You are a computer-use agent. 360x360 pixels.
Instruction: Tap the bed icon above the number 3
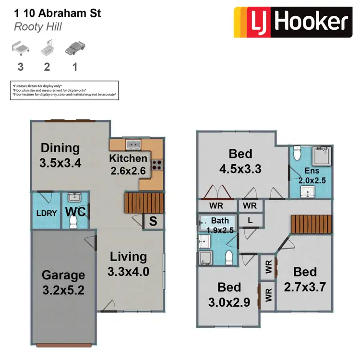click(x=19, y=48)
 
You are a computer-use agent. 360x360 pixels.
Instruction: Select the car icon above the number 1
click(x=75, y=48)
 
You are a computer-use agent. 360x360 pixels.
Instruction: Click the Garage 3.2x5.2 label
click(x=63, y=282)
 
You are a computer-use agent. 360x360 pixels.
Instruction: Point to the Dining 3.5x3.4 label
click(x=60, y=155)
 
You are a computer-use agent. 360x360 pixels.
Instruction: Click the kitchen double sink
click(x=133, y=144)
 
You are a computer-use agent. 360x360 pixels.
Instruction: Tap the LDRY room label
click(x=47, y=214)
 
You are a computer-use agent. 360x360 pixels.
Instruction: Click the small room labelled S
click(x=153, y=222)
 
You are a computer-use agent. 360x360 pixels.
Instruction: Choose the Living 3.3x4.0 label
click(x=128, y=264)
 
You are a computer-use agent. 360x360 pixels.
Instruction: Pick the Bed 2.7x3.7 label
click(x=305, y=279)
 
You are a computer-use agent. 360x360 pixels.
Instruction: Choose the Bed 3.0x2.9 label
click(x=229, y=294)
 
